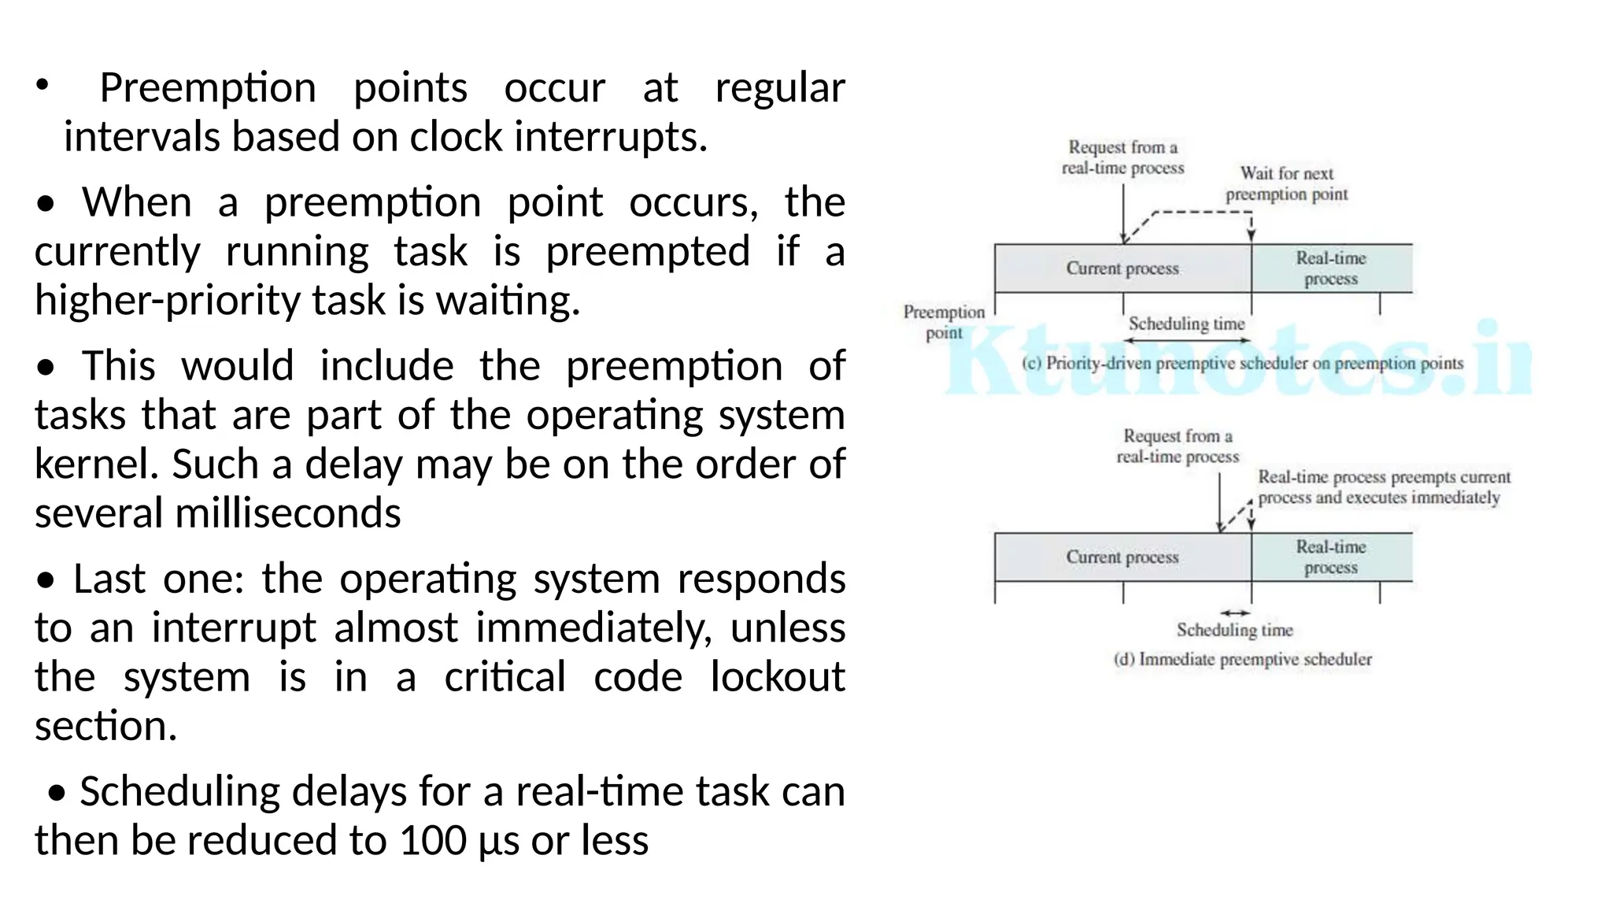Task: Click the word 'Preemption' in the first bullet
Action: pyautogui.click(x=208, y=88)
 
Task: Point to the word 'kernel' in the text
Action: pyautogui.click(x=94, y=465)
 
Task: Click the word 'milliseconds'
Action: pyautogui.click(x=288, y=513)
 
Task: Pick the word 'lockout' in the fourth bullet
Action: pyautogui.click(x=777, y=677)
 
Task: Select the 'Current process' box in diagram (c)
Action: pyautogui.click(x=1122, y=268)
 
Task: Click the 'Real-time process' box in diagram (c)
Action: pyautogui.click(x=1331, y=268)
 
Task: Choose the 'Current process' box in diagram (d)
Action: pyautogui.click(x=1122, y=557)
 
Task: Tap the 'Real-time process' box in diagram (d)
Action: pyautogui.click(x=1331, y=557)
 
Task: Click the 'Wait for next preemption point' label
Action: pyautogui.click(x=1286, y=183)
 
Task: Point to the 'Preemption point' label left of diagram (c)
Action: pyautogui.click(x=944, y=322)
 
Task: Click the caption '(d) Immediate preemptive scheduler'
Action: pyautogui.click(x=1242, y=660)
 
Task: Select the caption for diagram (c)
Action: pyautogui.click(x=1242, y=364)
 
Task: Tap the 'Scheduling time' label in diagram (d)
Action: pyautogui.click(x=1234, y=630)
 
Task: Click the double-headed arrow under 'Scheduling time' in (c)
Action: pyautogui.click(x=1187, y=341)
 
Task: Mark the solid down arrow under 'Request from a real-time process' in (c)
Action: pyautogui.click(x=1123, y=213)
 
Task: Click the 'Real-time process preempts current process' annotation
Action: pyautogui.click(x=1383, y=487)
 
